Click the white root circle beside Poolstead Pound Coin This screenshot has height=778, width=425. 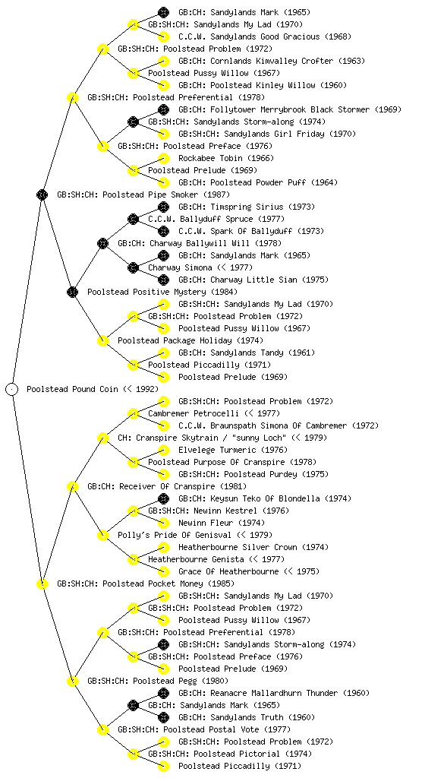coord(12,389)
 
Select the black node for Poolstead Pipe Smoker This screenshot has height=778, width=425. coord(42,194)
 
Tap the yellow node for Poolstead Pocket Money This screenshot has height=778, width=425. coord(42,583)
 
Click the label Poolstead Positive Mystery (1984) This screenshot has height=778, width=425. coord(162,292)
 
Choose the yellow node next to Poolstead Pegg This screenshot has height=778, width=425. coord(73,681)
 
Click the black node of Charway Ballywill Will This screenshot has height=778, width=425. coord(103,243)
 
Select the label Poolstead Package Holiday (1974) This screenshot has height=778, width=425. coord(190,340)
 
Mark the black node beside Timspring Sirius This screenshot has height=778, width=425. coord(163,207)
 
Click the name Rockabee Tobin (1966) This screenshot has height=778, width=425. coord(226,158)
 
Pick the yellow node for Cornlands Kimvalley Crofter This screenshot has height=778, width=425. coord(163,61)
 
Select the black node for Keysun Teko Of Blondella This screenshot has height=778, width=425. coord(163,498)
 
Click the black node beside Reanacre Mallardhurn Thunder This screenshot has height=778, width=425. coord(163,693)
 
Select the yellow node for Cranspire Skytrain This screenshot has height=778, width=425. coord(103,438)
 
